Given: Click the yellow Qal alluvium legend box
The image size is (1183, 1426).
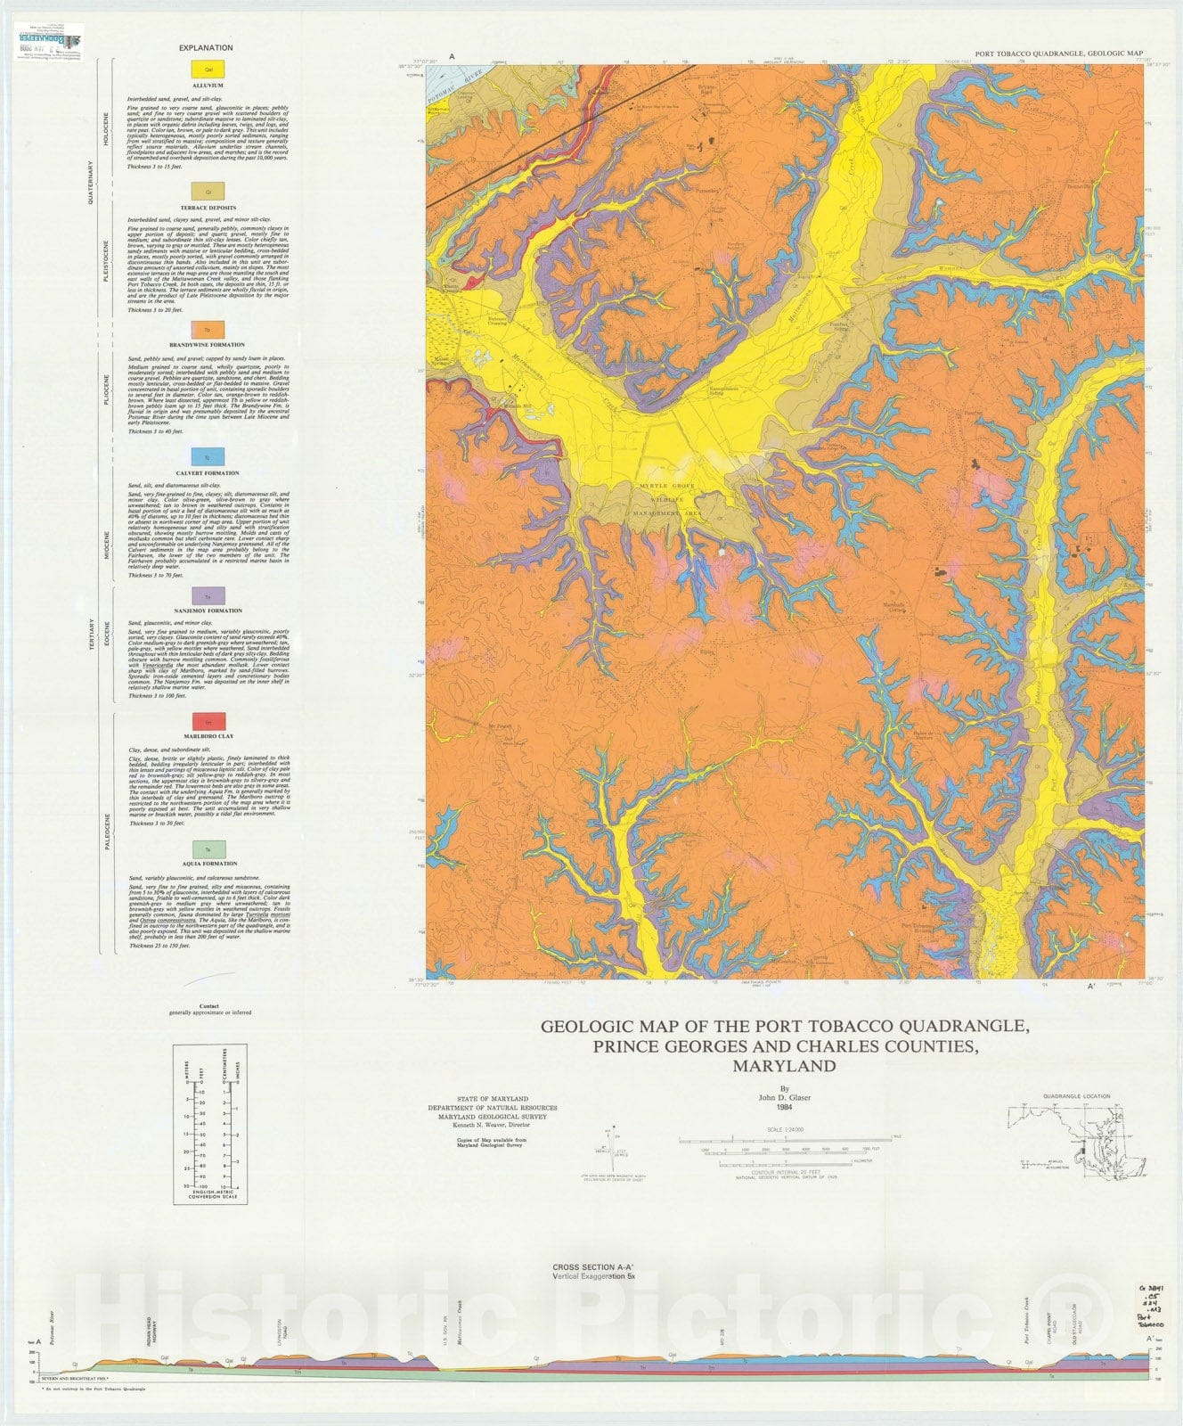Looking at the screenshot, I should pyautogui.click(x=207, y=68).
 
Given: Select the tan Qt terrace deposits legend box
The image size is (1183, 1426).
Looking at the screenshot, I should pyautogui.click(x=207, y=191).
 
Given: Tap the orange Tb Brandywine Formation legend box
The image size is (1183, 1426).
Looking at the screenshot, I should pyautogui.click(x=207, y=329).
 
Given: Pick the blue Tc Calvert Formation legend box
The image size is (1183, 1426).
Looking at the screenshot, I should pyautogui.click(x=207, y=457).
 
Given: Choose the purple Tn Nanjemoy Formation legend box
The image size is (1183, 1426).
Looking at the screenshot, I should pyautogui.click(x=207, y=595).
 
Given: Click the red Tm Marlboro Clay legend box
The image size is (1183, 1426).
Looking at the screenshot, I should pyautogui.click(x=207, y=721).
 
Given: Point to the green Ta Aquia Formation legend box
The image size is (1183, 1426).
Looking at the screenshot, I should pyautogui.click(x=207, y=848).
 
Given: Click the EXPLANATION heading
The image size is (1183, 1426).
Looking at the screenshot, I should pyautogui.click(x=206, y=48).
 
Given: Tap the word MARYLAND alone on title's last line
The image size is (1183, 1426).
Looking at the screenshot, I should pyautogui.click(x=784, y=1066).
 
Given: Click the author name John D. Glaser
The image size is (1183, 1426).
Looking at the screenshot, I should pyautogui.click(x=784, y=1097).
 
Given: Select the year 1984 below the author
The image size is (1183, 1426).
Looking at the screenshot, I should pyautogui.click(x=784, y=1107).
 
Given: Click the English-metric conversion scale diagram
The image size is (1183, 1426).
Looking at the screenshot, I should pyautogui.click(x=209, y=1127).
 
